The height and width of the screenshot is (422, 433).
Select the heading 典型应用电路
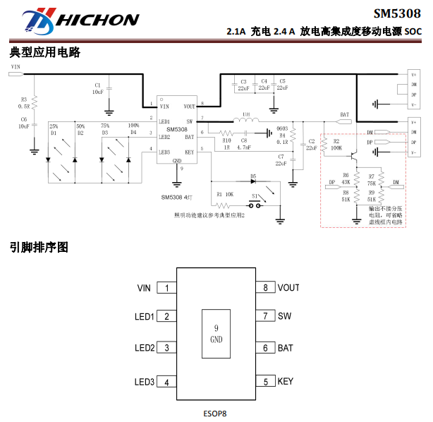click(45, 53)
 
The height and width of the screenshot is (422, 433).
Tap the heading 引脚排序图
click(39, 248)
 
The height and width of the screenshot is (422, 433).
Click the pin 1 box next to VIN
click(166, 288)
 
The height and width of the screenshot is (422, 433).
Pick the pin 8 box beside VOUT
click(265, 288)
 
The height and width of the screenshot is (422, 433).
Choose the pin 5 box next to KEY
click(265, 382)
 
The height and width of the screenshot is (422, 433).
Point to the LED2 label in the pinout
click(145, 348)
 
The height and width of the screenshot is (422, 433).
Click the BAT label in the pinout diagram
click(285, 348)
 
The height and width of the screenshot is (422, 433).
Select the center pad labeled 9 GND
click(216, 334)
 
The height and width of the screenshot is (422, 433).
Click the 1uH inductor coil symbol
click(245, 121)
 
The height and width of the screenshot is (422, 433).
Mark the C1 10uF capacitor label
click(97, 88)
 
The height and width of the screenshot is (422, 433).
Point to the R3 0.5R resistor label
click(23, 102)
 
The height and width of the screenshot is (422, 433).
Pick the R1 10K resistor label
click(225, 193)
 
